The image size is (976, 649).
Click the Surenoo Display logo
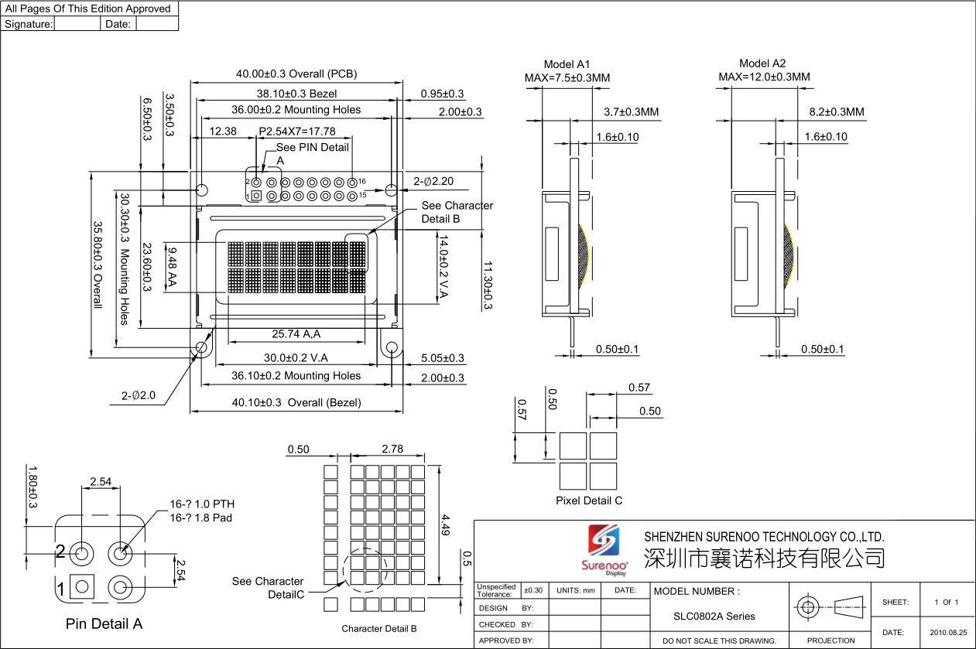tap(604, 551)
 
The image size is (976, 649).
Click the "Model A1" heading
tap(567, 64)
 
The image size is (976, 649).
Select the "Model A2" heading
tap(762, 63)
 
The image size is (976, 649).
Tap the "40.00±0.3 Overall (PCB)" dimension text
tap(296, 73)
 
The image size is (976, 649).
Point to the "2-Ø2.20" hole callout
tap(433, 181)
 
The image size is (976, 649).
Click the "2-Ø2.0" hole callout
tap(138, 395)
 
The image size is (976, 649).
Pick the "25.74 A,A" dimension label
tap(296, 334)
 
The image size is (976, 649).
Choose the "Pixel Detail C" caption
tap(589, 501)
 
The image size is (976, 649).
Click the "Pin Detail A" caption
tap(104, 623)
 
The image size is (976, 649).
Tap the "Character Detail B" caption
tap(379, 629)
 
